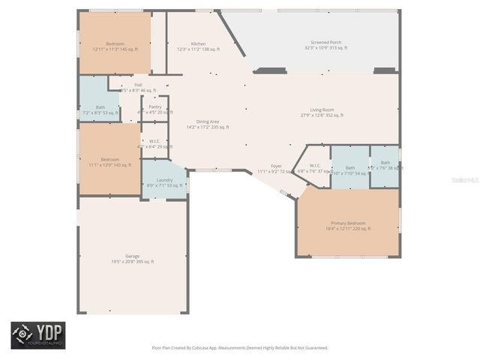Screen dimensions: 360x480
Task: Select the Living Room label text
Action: (322, 112)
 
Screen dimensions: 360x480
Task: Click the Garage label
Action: (133, 259)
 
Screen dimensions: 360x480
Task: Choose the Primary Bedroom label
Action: (348, 226)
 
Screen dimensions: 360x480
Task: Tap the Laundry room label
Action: (164, 181)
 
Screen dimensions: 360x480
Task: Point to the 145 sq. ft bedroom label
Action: (115, 46)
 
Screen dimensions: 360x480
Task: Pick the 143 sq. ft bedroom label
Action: (109, 162)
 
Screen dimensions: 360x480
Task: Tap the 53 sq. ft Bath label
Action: (100, 109)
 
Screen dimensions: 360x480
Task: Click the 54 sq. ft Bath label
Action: (349, 170)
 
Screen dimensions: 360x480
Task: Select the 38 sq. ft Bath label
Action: (385, 166)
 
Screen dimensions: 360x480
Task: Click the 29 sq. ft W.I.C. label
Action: (154, 144)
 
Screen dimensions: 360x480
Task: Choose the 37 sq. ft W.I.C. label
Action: (314, 168)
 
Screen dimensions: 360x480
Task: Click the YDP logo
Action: (37, 335)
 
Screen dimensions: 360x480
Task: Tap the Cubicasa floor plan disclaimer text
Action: (239, 348)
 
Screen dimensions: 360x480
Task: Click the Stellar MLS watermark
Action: (466, 180)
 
